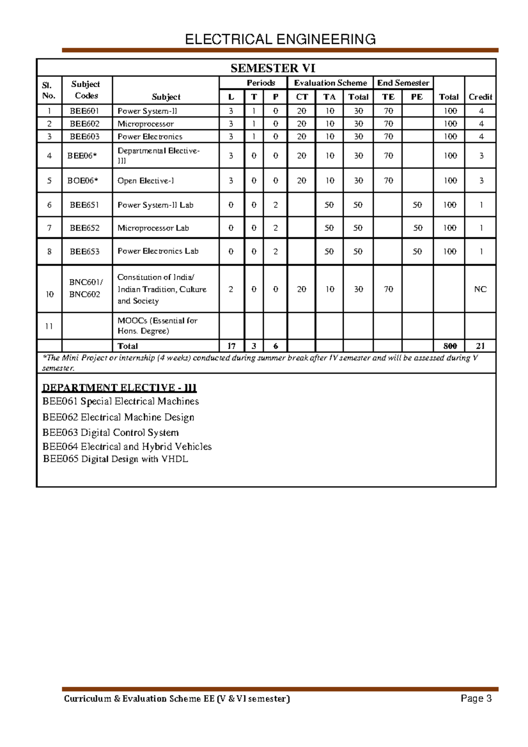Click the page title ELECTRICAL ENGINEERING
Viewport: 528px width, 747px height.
coord(280,39)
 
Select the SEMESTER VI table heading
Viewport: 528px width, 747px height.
coord(273,68)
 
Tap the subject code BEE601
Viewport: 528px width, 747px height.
coord(84,111)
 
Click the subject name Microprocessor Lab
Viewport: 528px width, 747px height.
coord(153,228)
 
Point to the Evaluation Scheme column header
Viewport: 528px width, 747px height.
coord(330,83)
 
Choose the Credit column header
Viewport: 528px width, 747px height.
coord(480,97)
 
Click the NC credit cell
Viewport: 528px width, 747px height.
coord(480,289)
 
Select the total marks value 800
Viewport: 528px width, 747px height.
coord(450,346)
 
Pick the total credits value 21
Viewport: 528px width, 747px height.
coord(480,346)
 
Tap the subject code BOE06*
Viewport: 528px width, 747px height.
coord(83,180)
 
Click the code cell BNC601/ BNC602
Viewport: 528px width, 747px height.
coord(86,288)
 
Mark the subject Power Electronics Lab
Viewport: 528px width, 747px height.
coord(158,251)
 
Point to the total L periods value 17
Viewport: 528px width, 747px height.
coord(231,346)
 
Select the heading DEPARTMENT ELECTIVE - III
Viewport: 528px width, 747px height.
coord(119,388)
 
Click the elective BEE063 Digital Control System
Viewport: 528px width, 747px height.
coord(110,432)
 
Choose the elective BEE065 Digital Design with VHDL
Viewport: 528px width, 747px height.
coord(115,459)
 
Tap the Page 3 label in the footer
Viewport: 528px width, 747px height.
coord(476,698)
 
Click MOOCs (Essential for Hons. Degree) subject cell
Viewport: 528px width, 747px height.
coord(157,326)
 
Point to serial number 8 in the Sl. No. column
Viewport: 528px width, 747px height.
coord(49,251)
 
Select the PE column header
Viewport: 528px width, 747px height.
coord(416,97)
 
